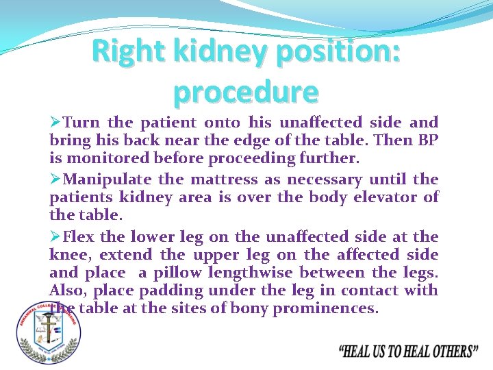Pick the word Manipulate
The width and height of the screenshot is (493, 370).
(x=108, y=180)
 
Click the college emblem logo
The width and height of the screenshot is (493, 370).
(x=49, y=332)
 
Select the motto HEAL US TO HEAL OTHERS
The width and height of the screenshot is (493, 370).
(x=409, y=352)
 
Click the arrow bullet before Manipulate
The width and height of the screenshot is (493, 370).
(x=55, y=180)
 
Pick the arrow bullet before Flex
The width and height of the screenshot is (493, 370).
(x=55, y=236)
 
